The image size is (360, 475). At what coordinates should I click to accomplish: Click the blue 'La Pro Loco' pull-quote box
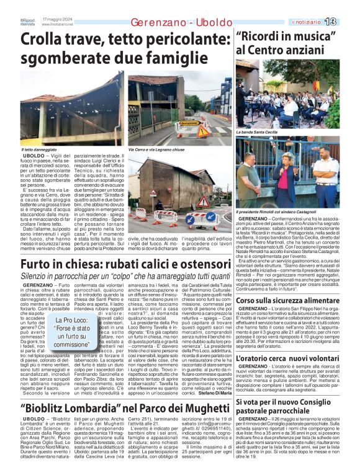pos(71,332)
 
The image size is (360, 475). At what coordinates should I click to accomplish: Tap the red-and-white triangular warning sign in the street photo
pos(203,202)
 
